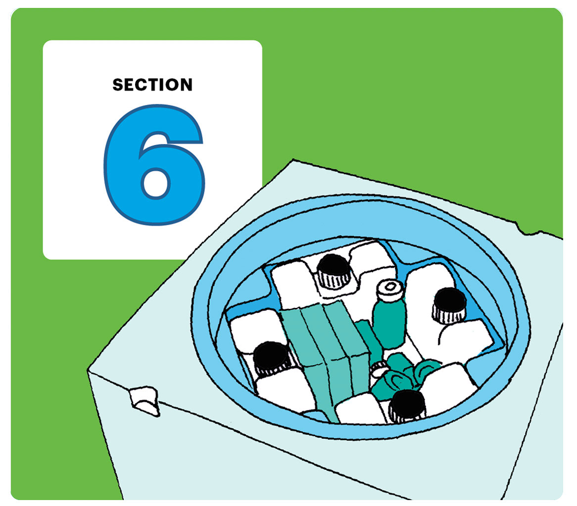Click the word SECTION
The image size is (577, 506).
coord(152,85)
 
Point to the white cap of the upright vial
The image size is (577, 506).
coord(389,287)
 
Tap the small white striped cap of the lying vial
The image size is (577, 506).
coord(380,368)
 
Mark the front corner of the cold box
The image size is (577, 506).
coord(89,371)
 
